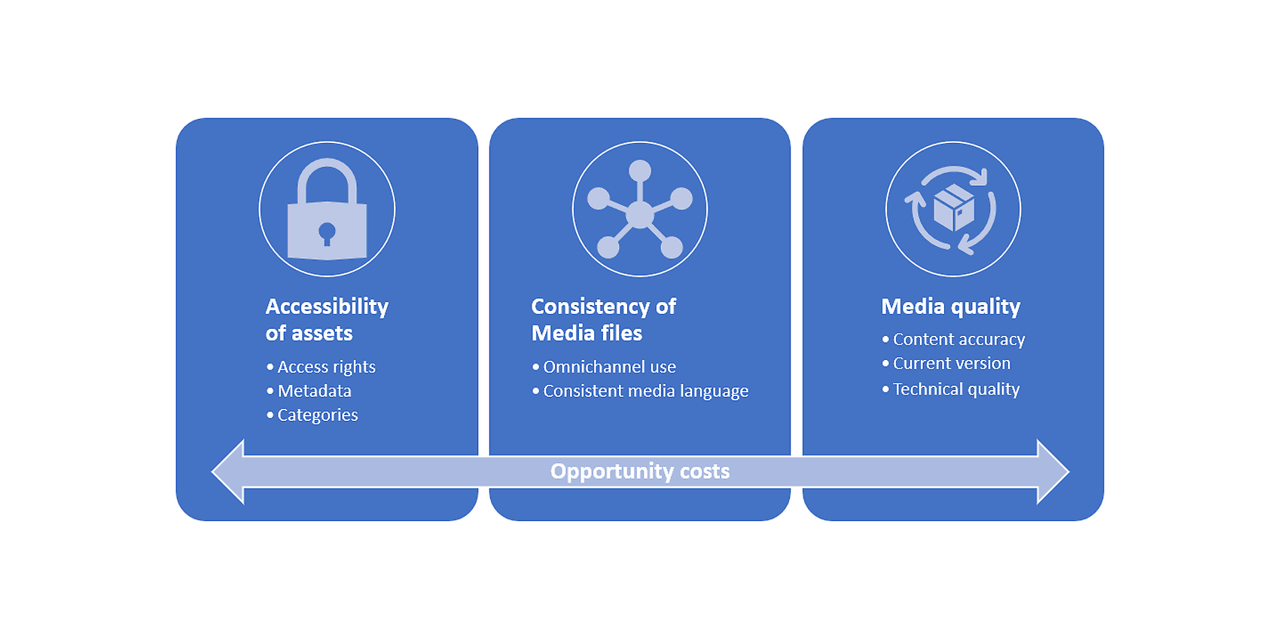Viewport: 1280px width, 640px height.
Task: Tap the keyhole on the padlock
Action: pos(327,233)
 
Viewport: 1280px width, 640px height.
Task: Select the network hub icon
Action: pos(640,209)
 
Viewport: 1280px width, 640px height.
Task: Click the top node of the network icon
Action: pos(640,170)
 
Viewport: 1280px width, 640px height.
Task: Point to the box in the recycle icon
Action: pos(954,207)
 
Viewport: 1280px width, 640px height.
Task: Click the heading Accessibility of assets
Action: pos(327,319)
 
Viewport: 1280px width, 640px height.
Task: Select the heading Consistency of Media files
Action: pos(603,319)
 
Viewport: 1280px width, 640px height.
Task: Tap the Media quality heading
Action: pos(951,307)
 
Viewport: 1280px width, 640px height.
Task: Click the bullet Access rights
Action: pos(322,367)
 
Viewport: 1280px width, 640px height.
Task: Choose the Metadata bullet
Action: pos(309,391)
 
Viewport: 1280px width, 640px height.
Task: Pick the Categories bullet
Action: pos(312,415)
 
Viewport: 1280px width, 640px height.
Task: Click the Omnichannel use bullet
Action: pos(604,367)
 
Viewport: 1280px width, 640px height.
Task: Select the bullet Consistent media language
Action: pos(640,391)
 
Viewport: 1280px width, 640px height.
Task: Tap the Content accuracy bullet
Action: pos(954,340)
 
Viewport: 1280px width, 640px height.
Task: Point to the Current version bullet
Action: pos(946,364)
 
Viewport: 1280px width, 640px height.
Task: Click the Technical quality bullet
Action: pos(951,389)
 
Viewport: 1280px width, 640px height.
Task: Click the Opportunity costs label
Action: pos(640,471)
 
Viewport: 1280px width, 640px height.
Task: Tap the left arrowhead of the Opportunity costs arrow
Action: pos(228,472)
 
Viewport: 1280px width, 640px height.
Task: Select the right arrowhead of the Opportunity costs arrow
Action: pos(1053,472)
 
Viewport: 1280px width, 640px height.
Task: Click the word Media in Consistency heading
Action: pos(561,333)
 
